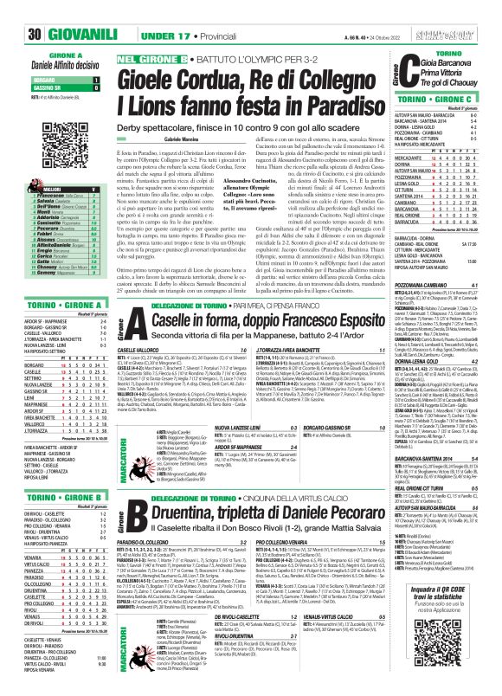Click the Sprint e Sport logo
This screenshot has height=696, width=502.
coord(467,11)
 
